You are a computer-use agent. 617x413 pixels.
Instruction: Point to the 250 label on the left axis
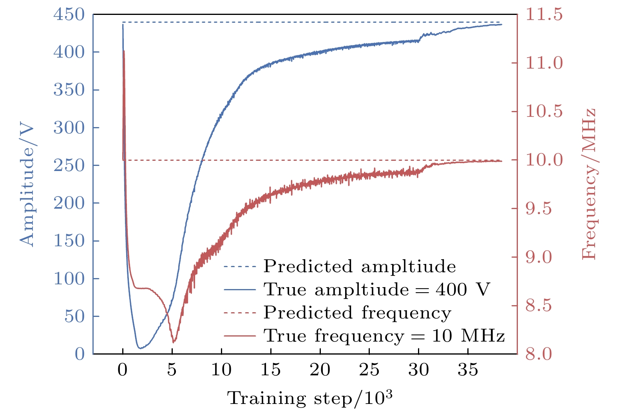point(69,166)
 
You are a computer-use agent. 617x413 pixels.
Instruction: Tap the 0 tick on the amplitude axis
point(80,354)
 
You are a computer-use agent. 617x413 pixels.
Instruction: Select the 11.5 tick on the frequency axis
point(544,15)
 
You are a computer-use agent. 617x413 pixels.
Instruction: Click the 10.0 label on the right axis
point(544,160)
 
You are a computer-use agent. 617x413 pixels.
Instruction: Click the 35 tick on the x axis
point(468,369)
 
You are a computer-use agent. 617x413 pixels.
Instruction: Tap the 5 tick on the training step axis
point(172,369)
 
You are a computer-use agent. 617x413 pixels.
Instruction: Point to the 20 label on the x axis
point(320,369)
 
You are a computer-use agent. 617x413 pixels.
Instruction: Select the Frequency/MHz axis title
point(588,184)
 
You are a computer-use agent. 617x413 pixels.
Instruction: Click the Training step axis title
point(309,398)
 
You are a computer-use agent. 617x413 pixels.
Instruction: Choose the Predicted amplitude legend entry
point(359,266)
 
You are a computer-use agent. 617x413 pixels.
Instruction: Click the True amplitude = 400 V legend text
point(377,289)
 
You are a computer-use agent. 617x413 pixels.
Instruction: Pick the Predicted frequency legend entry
point(357,313)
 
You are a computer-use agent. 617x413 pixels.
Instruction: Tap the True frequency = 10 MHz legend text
point(384,336)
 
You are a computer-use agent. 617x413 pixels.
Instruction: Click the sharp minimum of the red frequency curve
point(174,342)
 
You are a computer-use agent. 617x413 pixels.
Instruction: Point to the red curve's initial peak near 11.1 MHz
point(124,51)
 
